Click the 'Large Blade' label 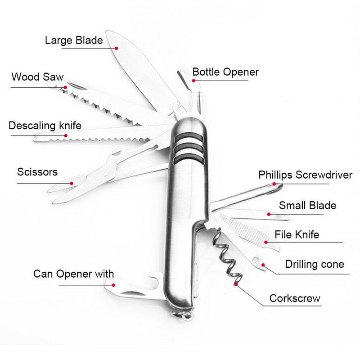(74, 40)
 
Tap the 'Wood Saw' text (37, 76)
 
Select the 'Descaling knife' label (45, 126)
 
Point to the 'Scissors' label (37, 172)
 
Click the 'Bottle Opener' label (225, 72)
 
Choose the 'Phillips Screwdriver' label (305, 175)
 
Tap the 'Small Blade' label (307, 206)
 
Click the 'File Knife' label (297, 234)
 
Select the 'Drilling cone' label (314, 264)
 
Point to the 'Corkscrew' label (295, 298)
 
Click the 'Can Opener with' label (73, 274)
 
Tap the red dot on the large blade (116, 48)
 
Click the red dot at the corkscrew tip (235, 284)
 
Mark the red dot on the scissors (72, 183)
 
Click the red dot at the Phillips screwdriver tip (274, 184)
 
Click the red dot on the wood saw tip (66, 87)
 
